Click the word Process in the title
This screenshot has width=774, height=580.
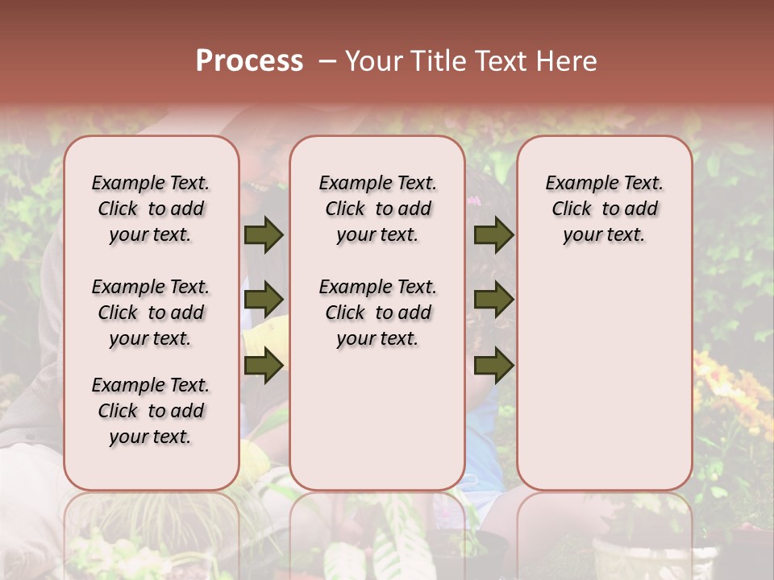(249, 61)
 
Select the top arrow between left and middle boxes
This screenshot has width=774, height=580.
(263, 235)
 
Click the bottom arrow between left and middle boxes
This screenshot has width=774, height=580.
(263, 366)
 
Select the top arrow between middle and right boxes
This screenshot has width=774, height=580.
(493, 235)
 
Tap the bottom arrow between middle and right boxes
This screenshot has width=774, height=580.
(493, 366)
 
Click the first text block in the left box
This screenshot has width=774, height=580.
(151, 209)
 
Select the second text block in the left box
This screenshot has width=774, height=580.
(151, 313)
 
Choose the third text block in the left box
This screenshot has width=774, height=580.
(151, 411)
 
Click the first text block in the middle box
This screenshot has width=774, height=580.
(377, 209)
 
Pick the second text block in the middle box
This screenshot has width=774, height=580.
(377, 313)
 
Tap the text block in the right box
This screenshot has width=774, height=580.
(605, 209)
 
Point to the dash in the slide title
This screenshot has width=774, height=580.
(327, 61)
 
